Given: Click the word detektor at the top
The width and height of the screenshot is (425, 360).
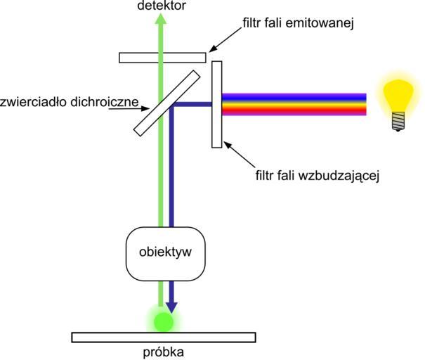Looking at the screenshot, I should pos(162,6).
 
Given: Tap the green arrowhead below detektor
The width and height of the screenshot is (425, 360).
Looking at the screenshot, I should pos(162,21).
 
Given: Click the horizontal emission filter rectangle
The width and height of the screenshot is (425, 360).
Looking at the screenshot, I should pos(162,57).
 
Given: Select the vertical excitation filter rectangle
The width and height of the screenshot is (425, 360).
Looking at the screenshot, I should pos(217,104).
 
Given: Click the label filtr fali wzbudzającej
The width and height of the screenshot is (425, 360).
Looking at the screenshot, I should pos(318,175).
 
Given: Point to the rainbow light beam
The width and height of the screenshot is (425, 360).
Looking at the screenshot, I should pos(294,104).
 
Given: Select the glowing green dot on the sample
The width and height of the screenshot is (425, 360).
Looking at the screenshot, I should pos(163,322).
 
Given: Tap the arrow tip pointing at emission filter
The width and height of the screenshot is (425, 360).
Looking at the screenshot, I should pos(209,51).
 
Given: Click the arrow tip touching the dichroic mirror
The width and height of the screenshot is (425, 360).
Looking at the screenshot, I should pos(145,108).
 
